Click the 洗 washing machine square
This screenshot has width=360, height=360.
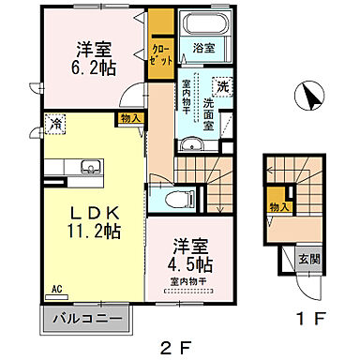tap(222, 85)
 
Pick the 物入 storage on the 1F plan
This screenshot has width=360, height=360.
tap(278, 206)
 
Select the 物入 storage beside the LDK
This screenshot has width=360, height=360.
tap(130, 117)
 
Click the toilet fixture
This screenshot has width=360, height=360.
tap(180, 197)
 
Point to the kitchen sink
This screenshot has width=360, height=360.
tap(65, 168)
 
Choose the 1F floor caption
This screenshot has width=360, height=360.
tap(314, 318)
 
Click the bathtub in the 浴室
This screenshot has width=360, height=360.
tap(202, 26)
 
